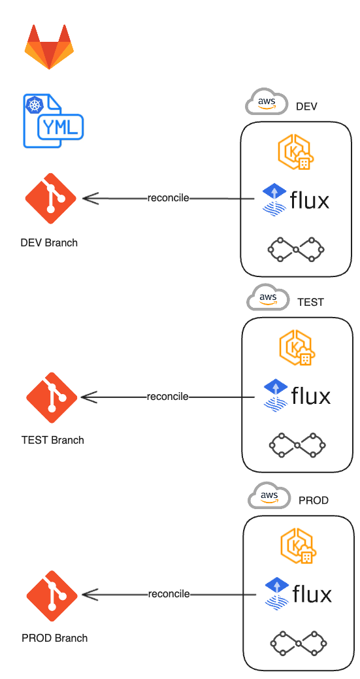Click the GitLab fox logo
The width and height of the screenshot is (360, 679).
[x=49, y=47]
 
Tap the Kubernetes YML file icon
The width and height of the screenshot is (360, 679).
[x=53, y=121]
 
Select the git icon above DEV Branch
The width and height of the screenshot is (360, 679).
[x=50, y=198]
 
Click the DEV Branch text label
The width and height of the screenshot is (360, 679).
[x=49, y=242]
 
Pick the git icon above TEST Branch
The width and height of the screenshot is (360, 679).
[x=52, y=397]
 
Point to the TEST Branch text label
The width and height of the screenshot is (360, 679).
[x=52, y=440]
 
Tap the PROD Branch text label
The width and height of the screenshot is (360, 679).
[x=54, y=638]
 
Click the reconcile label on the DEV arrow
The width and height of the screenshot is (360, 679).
[x=169, y=198]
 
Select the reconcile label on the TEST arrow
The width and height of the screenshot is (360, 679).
[x=168, y=396]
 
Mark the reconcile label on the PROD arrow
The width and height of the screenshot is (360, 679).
[x=169, y=594]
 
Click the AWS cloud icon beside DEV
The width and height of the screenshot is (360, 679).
[x=267, y=101]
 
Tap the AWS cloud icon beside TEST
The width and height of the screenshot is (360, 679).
[x=268, y=297]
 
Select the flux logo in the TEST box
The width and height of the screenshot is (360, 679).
[x=297, y=395]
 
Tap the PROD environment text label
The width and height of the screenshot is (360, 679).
[x=314, y=500]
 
